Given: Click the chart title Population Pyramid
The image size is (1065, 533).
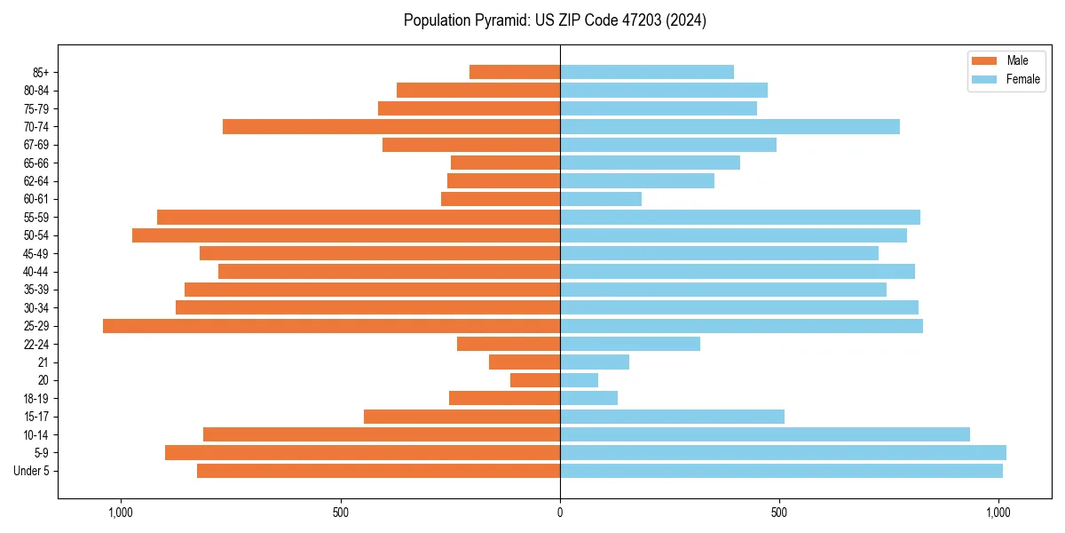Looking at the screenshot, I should (555, 20).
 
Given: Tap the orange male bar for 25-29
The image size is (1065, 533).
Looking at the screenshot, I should (331, 326).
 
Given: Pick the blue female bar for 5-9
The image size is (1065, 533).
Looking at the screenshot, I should (783, 452).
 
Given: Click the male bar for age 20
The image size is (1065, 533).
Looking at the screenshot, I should (535, 380).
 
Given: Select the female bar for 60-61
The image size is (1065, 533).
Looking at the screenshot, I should (601, 199).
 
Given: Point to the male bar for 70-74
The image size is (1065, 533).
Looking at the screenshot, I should (391, 126).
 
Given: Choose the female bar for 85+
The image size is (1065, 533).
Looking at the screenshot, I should (647, 72).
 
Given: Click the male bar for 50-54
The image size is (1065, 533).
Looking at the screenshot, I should (346, 235).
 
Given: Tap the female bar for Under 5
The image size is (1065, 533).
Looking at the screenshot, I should (781, 471).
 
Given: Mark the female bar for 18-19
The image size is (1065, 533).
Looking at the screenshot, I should (588, 398).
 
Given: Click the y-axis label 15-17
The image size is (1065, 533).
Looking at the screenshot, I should (36, 417).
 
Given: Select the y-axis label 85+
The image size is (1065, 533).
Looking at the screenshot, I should (40, 72).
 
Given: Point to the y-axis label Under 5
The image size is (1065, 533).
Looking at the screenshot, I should (32, 471).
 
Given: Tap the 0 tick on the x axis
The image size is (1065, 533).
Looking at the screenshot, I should (560, 513).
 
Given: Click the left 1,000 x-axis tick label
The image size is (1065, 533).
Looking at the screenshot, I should (120, 513).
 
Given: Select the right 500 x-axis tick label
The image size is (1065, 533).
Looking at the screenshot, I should (779, 513).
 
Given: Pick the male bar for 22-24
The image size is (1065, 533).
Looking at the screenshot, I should (509, 344).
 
